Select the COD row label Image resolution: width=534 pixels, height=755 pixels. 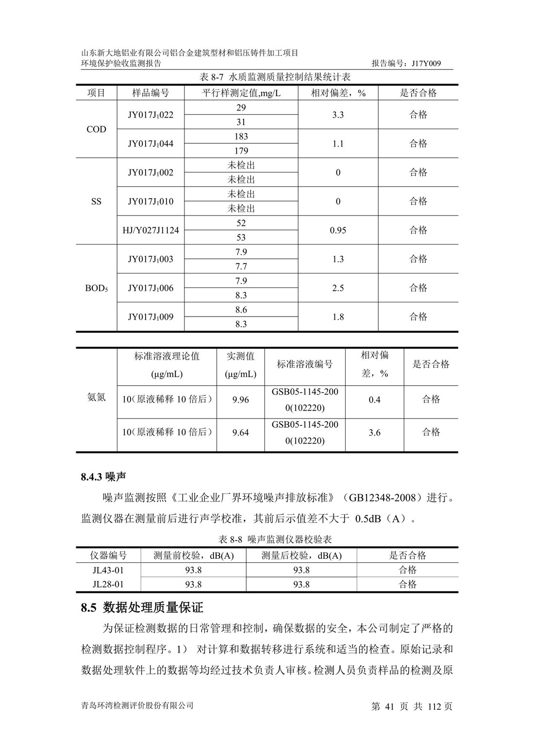(96, 129)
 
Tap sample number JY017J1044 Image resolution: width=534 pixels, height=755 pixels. (150, 144)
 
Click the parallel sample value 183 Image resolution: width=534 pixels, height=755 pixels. (241, 136)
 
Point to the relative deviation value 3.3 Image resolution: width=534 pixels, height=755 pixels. (338, 115)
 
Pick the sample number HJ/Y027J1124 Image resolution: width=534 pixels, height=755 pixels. (150, 230)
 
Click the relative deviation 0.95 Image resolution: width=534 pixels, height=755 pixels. (338, 230)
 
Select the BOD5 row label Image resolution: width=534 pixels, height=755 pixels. (96, 288)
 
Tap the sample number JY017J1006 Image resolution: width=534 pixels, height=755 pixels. (150, 288)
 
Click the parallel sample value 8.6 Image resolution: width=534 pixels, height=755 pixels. (241, 310)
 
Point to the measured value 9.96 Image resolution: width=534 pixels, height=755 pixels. (240, 400)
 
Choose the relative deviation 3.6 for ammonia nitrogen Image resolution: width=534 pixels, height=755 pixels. (374, 432)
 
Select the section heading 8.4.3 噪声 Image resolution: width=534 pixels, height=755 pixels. (103, 477)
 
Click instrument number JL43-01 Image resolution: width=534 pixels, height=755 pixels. (108, 570)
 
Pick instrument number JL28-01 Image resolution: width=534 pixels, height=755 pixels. (108, 585)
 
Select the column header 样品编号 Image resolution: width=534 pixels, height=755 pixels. (150, 93)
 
